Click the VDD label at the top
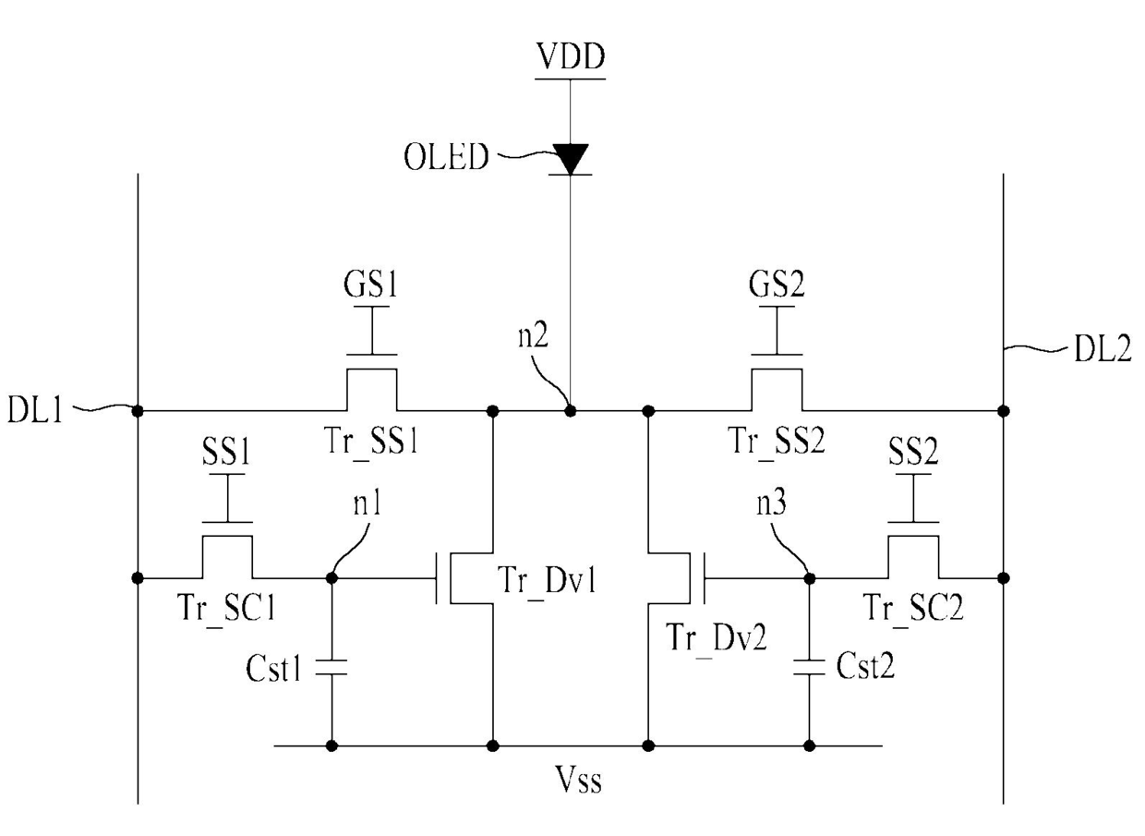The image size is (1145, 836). click(570, 56)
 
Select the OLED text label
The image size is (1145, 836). click(446, 156)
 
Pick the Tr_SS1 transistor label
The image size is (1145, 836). click(371, 442)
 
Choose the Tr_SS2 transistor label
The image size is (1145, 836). click(777, 442)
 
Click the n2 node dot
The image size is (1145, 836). click(571, 410)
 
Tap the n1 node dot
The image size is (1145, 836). click(331, 578)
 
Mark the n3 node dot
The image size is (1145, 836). click(809, 578)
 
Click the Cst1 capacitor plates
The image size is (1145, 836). click(331, 667)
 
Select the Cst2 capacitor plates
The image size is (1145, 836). click(809, 667)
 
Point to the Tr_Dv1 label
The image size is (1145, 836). click(548, 582)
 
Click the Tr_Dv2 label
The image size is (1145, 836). click(717, 639)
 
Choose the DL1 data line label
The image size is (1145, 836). click(35, 409)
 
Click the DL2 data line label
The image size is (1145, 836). click(1103, 350)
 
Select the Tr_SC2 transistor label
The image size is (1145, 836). click(913, 609)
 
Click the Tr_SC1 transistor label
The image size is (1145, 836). click(226, 609)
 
